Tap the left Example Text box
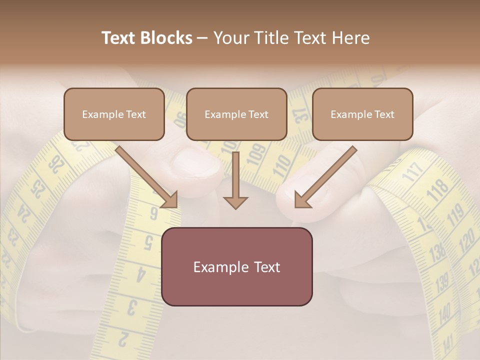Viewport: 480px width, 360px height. pos(114,114)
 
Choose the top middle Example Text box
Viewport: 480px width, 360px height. pos(236,114)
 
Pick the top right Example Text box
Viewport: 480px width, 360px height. pos(362,114)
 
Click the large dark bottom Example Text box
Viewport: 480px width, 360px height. pos(237,266)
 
